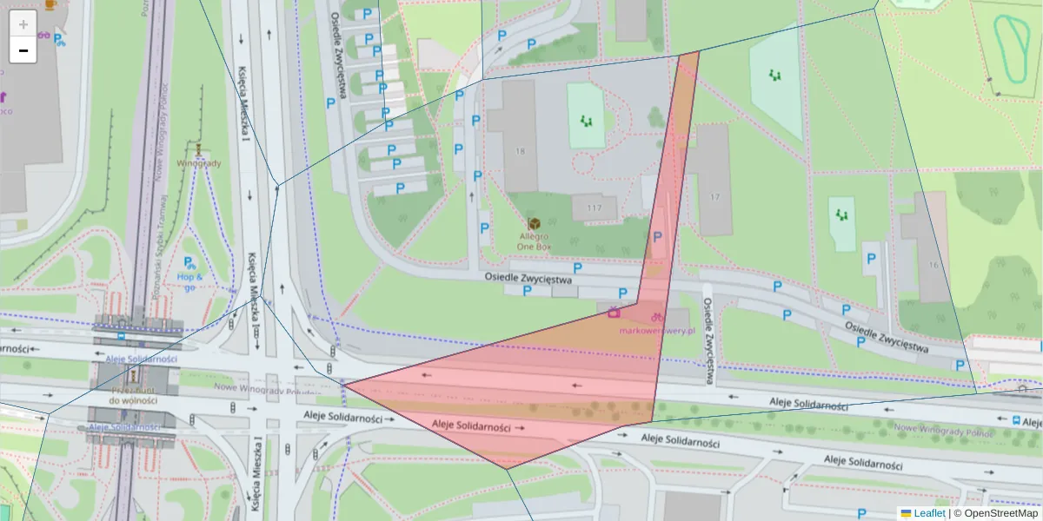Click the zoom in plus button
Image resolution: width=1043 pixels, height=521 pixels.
[23, 24]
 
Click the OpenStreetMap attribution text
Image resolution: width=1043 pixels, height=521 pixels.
[1000, 513]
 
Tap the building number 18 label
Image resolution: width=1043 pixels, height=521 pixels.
[520, 151]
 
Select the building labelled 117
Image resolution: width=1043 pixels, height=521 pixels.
[595, 208]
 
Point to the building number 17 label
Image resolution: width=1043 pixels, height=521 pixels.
[714, 197]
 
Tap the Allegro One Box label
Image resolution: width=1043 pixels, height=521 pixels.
[534, 241]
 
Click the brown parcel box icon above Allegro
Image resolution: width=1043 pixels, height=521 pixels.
[534, 223]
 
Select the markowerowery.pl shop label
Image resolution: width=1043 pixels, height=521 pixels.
[659, 330]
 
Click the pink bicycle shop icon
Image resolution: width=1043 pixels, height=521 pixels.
[658, 317]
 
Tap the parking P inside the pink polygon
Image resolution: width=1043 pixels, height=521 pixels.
[657, 237]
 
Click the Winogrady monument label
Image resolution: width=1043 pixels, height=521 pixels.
[199, 162]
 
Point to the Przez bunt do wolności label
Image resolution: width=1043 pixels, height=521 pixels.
[133, 395]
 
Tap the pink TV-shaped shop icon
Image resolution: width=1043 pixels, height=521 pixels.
[614, 313]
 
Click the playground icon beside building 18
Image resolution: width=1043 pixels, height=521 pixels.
[588, 121]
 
